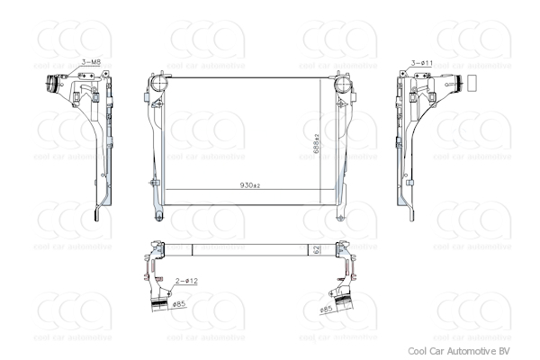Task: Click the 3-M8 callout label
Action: click(x=91, y=61)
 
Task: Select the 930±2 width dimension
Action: click(x=249, y=185)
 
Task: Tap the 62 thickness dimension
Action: click(x=317, y=248)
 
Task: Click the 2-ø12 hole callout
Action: click(x=185, y=282)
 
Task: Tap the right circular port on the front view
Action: click(x=343, y=85)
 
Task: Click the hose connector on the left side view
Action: click(x=49, y=86)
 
